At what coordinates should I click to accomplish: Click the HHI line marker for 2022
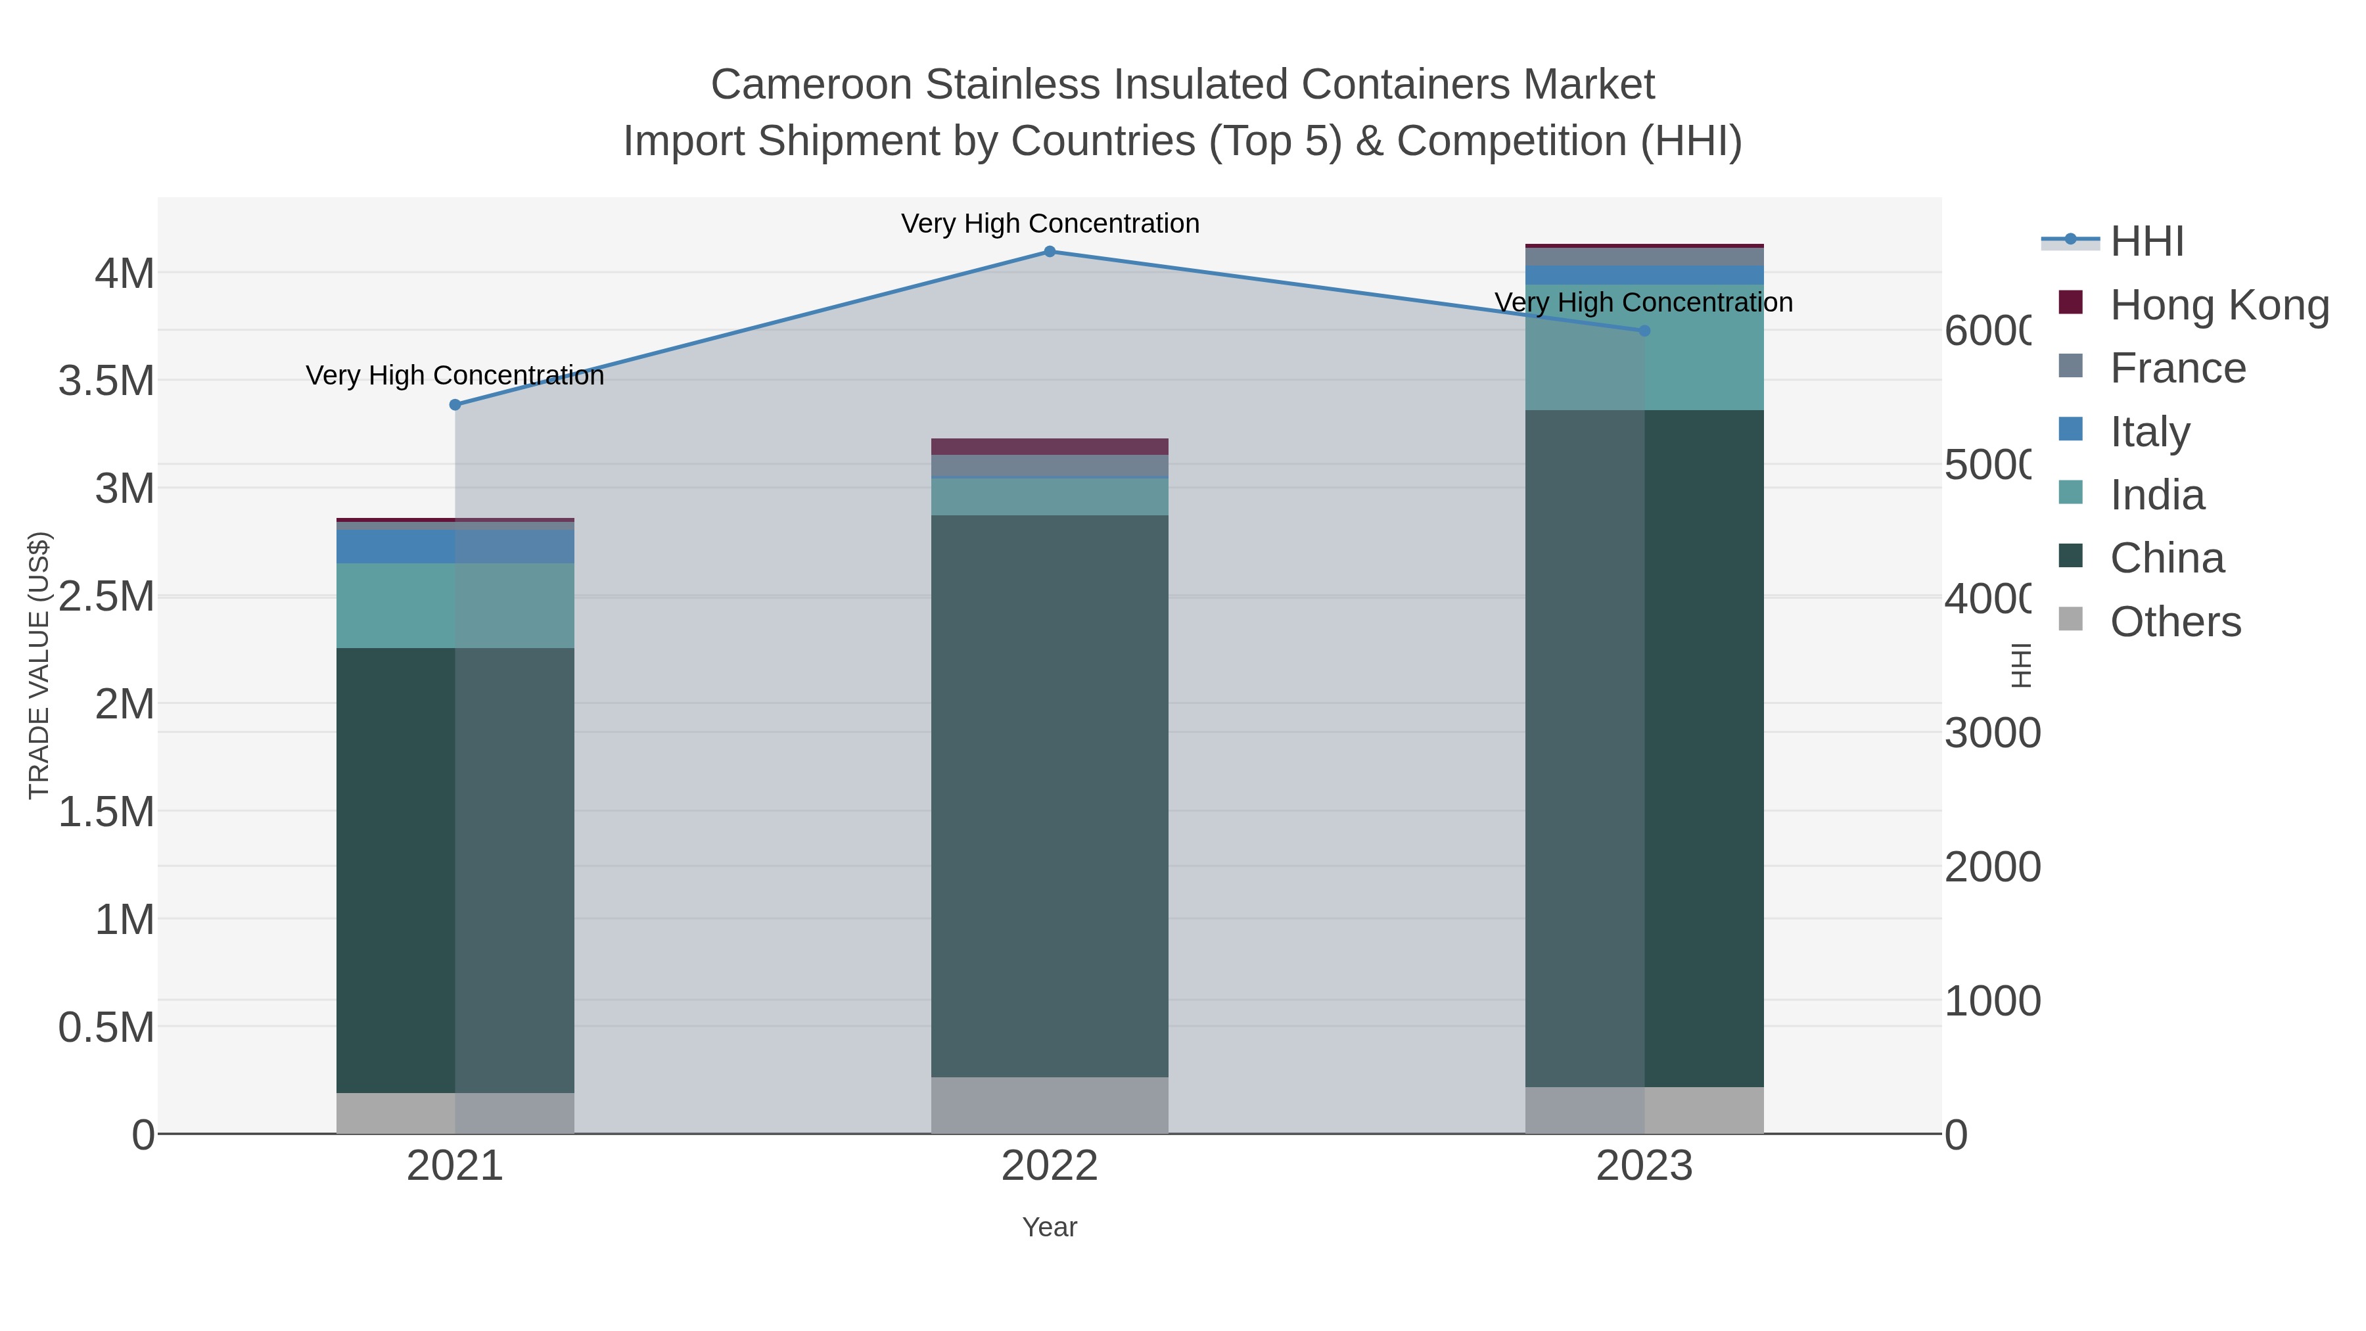point(1050,252)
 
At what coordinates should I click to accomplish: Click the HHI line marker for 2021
point(455,405)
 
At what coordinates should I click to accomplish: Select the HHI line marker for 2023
point(1644,331)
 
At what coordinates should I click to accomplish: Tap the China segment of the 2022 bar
point(1050,795)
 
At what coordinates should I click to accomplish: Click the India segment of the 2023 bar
point(1644,347)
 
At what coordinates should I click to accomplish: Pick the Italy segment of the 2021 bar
point(455,547)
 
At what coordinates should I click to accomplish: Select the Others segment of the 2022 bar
point(1050,1105)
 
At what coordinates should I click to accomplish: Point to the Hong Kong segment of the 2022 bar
point(1050,446)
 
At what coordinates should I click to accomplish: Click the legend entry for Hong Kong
point(2219,305)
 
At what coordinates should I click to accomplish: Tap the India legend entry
point(2156,495)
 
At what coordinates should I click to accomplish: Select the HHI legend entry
point(2146,242)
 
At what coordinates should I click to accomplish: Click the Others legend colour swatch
point(2070,619)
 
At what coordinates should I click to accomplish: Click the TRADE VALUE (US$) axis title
point(39,666)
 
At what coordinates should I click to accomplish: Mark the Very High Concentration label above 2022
point(1050,223)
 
